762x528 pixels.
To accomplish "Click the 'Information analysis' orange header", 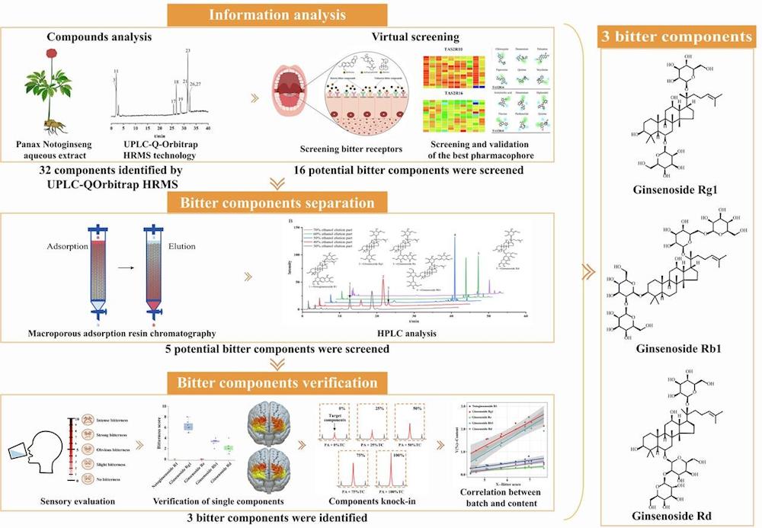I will click(286, 14).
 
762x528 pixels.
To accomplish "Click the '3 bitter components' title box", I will click(678, 36).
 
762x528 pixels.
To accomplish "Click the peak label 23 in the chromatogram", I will click(187, 51).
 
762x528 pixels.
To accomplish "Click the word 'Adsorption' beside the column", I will click(56, 247).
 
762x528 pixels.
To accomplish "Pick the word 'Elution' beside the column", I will click(182, 247).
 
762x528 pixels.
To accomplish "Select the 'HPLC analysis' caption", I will click(416, 333).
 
